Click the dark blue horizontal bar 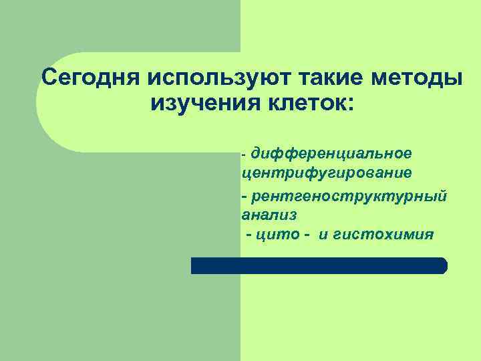(x=318, y=266)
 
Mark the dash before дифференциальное (x=245, y=155)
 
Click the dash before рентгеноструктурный (x=245, y=197)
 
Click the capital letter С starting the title (x=48, y=77)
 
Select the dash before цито (x=249, y=235)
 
